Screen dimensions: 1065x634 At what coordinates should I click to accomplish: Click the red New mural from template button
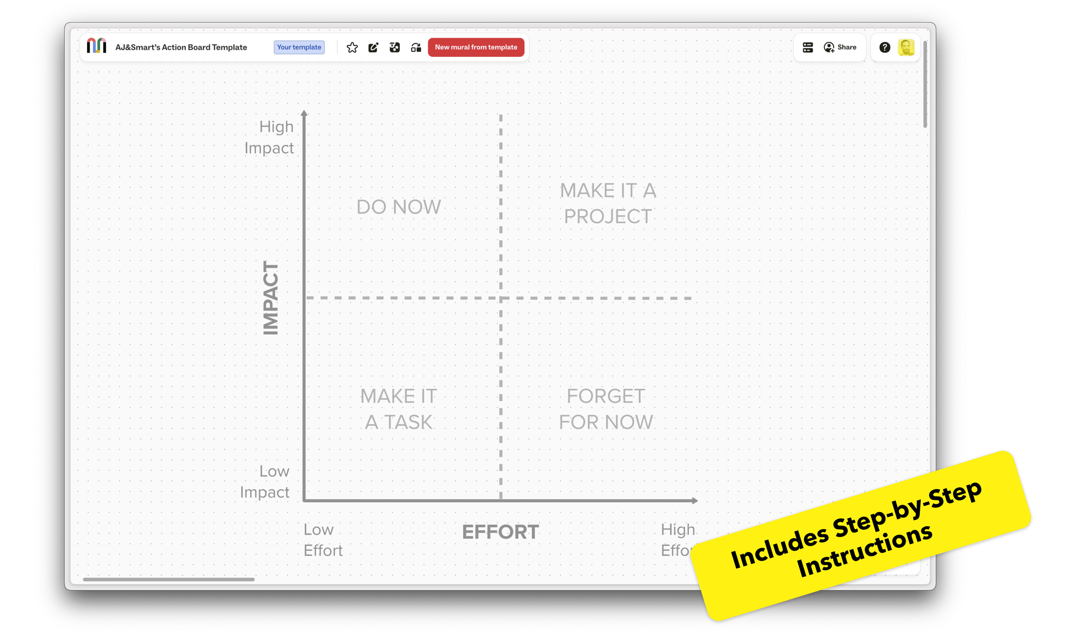476,47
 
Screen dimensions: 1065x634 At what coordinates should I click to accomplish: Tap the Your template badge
299,47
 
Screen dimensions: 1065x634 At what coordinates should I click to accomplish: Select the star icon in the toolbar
352,47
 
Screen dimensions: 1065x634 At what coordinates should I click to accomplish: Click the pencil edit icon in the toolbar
373,47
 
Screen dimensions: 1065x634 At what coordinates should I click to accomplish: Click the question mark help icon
884,47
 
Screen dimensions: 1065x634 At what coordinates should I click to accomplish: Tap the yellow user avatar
906,47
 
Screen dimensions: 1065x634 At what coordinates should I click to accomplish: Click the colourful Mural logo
96,46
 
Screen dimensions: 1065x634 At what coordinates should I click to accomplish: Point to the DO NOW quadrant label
398,207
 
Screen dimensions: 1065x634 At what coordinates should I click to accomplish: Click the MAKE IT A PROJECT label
607,204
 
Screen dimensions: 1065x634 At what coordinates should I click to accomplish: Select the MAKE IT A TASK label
398,409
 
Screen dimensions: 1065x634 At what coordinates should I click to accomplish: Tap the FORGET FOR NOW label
606,409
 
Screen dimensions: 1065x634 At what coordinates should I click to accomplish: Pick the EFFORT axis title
501,532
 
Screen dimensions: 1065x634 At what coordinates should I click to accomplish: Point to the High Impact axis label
269,137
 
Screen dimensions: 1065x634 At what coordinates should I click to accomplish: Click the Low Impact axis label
265,481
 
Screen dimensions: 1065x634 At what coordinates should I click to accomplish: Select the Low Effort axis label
323,540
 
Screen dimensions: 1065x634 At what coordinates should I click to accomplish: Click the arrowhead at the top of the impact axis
304,113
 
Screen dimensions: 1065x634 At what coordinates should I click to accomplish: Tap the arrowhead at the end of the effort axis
694,500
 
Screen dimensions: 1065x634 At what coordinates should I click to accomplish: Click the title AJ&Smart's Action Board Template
181,47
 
